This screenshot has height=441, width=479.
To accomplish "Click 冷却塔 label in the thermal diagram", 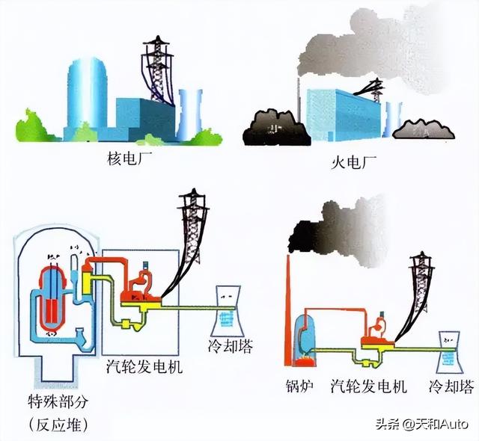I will [451, 387].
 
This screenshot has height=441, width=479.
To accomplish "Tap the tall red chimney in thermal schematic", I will [288, 314].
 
